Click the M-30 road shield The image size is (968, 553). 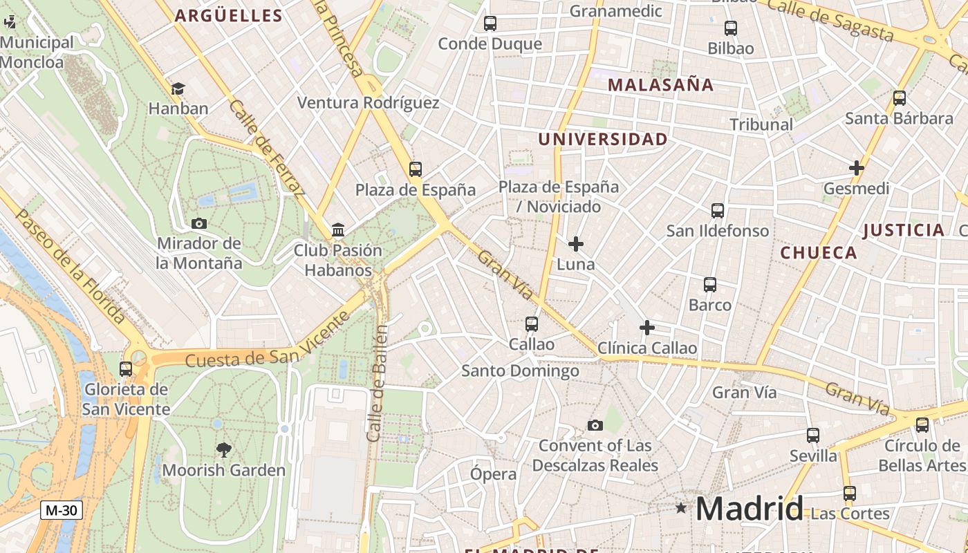62,511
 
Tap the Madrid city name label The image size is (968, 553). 749,509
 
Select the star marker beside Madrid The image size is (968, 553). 681,508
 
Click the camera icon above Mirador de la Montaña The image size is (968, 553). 198,223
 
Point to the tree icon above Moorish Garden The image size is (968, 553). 223,450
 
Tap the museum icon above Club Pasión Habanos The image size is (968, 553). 338,229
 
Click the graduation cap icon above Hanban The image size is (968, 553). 178,88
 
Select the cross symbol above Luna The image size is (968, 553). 575,244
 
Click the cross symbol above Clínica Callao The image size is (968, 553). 646,327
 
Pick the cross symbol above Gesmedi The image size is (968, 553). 856,168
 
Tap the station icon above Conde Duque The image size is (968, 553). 490,24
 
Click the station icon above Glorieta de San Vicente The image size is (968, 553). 125,369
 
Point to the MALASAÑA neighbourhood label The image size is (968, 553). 660,85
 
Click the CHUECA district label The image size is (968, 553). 819,253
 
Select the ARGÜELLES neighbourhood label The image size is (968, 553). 228,16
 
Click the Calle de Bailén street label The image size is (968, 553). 377,384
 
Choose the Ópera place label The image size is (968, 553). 493,474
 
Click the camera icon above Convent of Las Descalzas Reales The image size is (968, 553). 595,425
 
